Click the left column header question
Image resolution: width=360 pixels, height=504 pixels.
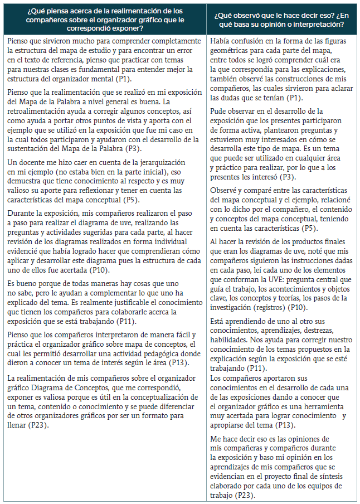click(106, 18)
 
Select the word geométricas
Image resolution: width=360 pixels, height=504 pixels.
click(230, 51)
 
